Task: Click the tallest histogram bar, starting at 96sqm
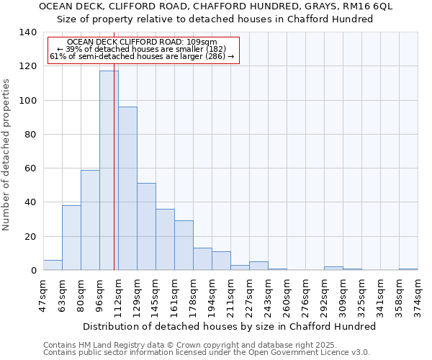click(x=109, y=171)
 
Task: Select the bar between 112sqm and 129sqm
click(x=127, y=189)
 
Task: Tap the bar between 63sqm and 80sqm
click(x=71, y=238)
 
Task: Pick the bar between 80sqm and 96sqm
click(x=90, y=220)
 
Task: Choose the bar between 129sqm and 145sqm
click(x=146, y=227)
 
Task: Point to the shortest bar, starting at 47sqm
click(x=53, y=265)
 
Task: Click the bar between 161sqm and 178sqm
click(x=184, y=246)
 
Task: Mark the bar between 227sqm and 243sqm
click(x=258, y=266)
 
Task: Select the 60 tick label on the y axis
click(x=30, y=168)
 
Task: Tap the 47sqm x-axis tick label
click(x=43, y=294)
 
